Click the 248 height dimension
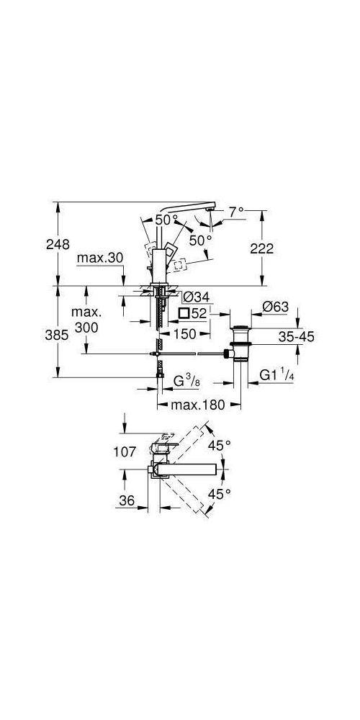(37, 243)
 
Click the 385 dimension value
(37, 334)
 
